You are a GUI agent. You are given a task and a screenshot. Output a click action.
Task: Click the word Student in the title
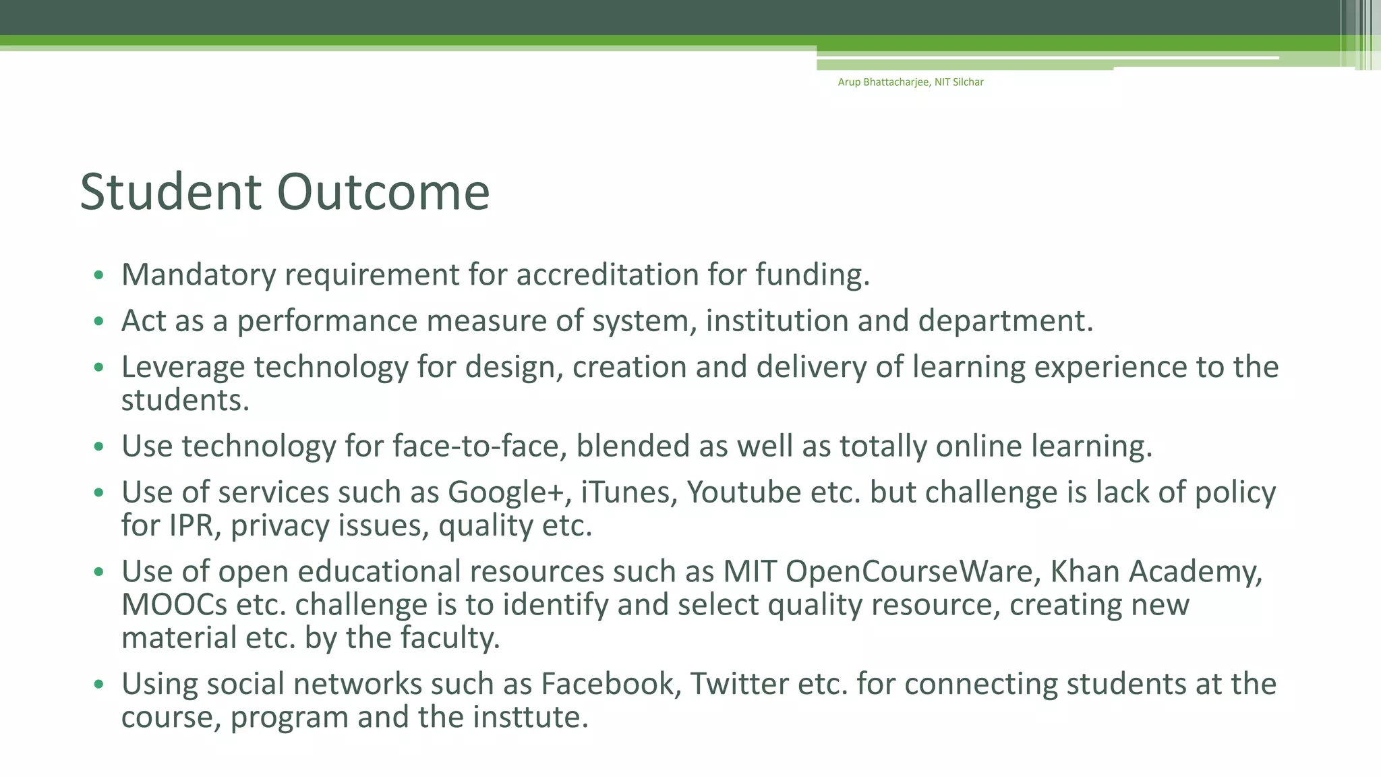click(170, 192)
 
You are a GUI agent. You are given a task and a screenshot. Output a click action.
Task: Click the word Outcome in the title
click(383, 192)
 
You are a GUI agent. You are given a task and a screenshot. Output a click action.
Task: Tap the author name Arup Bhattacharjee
click(883, 82)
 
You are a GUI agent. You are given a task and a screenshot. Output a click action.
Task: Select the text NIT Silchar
click(959, 82)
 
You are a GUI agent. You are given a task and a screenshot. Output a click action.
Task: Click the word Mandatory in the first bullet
click(198, 275)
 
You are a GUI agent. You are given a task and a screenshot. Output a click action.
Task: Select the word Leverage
click(183, 368)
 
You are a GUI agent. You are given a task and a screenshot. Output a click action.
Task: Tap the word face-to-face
click(479, 447)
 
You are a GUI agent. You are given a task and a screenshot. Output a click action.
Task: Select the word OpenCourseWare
click(908, 572)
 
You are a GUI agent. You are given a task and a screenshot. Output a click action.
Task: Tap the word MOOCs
click(174, 605)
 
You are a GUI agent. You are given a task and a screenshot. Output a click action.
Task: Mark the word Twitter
click(739, 685)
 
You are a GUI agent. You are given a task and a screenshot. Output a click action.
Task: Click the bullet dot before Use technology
click(99, 447)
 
